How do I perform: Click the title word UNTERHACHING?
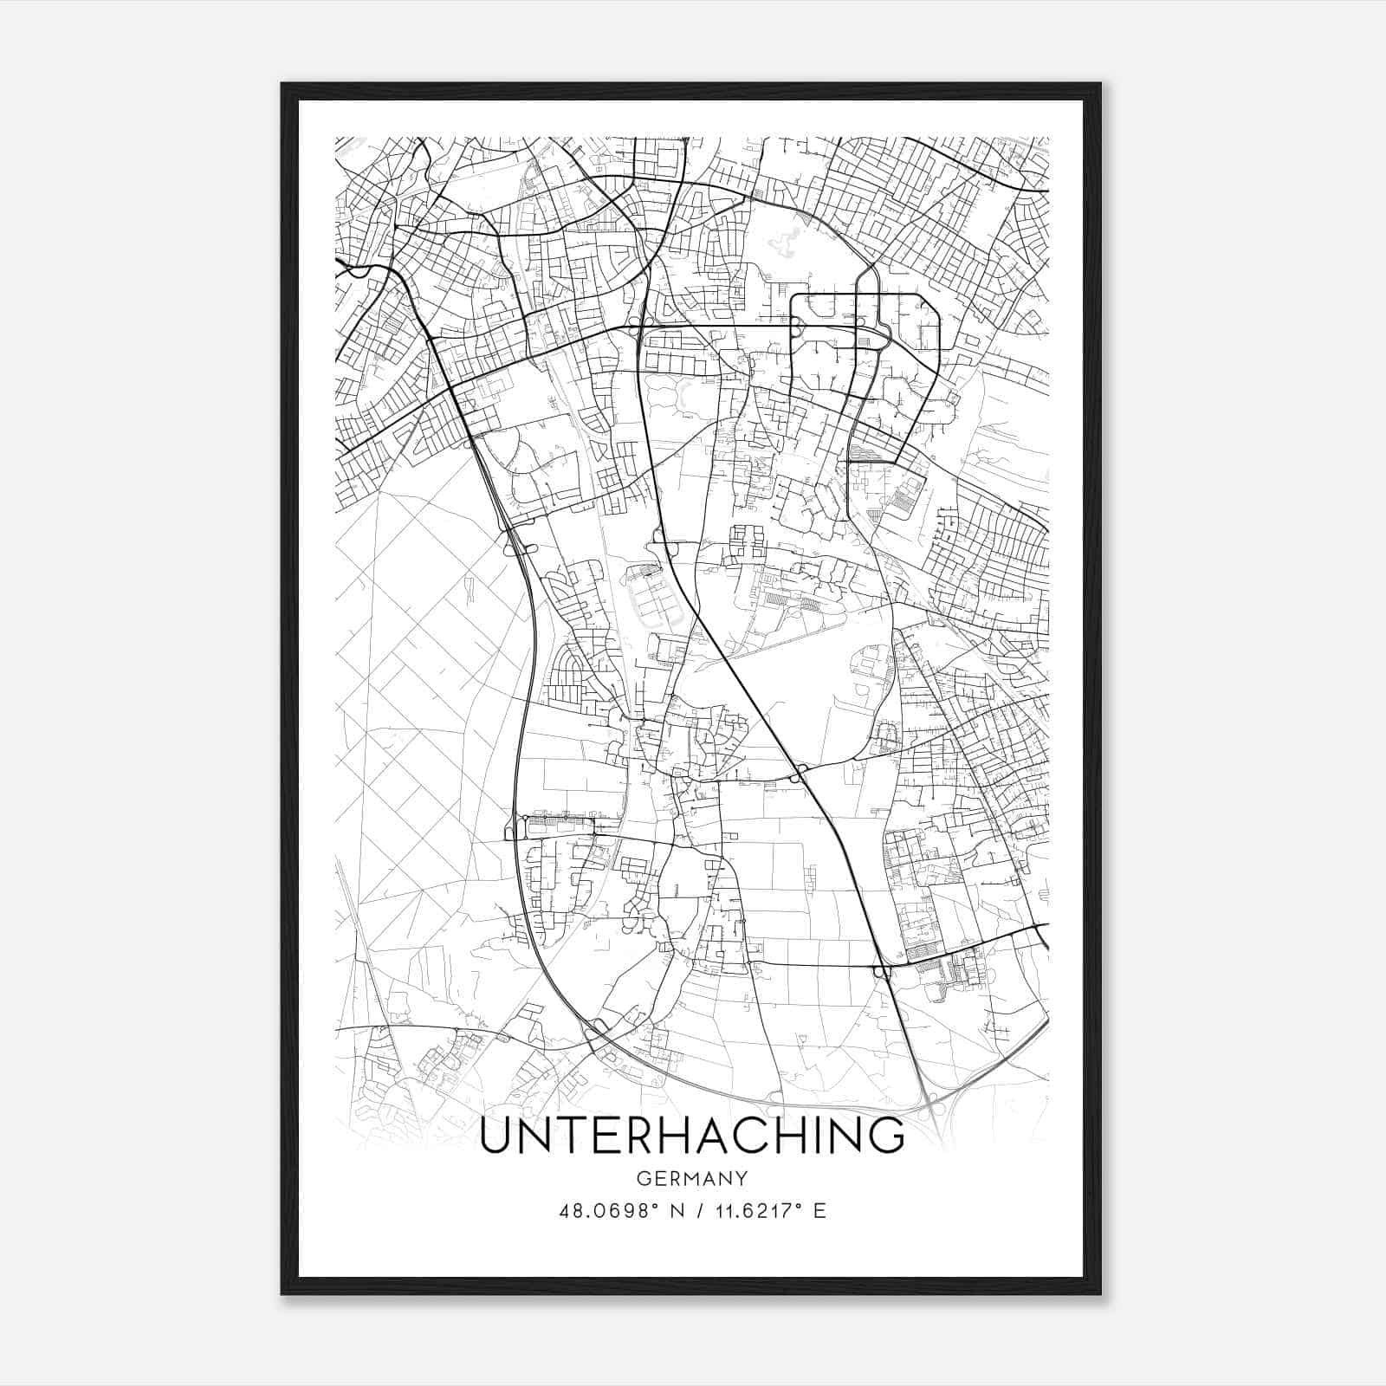691,1137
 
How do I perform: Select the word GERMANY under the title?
692,1178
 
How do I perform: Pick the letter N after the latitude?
678,1210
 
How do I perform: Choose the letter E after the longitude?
819,1210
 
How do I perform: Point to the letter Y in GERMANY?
742,1178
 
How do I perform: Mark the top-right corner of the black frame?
1099,85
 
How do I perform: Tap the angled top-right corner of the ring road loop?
934,301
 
